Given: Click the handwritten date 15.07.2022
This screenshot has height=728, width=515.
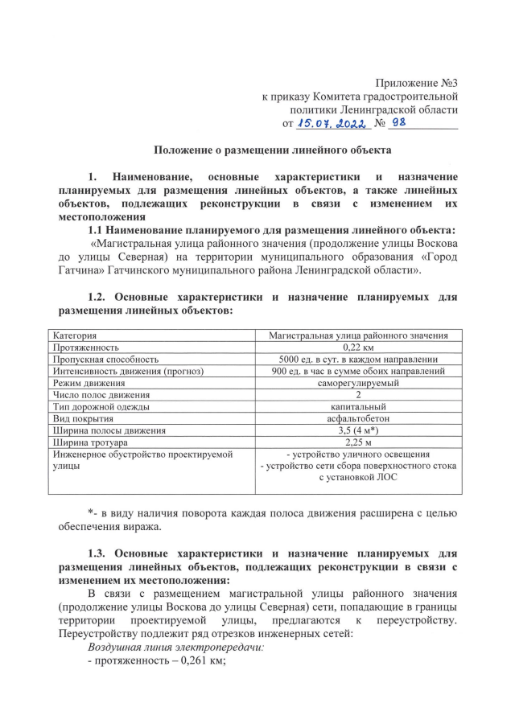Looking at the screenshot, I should (332, 124).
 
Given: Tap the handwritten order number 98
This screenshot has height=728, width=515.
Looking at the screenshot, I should (400, 123).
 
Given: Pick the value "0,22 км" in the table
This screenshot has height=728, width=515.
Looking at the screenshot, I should (358, 347).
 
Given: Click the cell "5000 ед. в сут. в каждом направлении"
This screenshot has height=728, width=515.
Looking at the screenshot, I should (358, 359).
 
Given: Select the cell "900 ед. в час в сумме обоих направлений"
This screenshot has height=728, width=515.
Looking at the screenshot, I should (358, 371).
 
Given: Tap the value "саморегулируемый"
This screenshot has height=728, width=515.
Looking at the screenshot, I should (358, 383).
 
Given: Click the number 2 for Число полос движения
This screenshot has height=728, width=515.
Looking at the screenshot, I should (358, 395).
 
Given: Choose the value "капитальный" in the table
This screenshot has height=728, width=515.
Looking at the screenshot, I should (358, 407).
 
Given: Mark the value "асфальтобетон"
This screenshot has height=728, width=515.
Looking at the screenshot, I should (358, 419).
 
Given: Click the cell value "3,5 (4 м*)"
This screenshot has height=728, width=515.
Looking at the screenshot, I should (358, 430).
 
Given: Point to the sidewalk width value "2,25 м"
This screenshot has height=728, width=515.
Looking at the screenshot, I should (358, 442).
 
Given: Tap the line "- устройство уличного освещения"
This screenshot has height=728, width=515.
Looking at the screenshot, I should (358, 454).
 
